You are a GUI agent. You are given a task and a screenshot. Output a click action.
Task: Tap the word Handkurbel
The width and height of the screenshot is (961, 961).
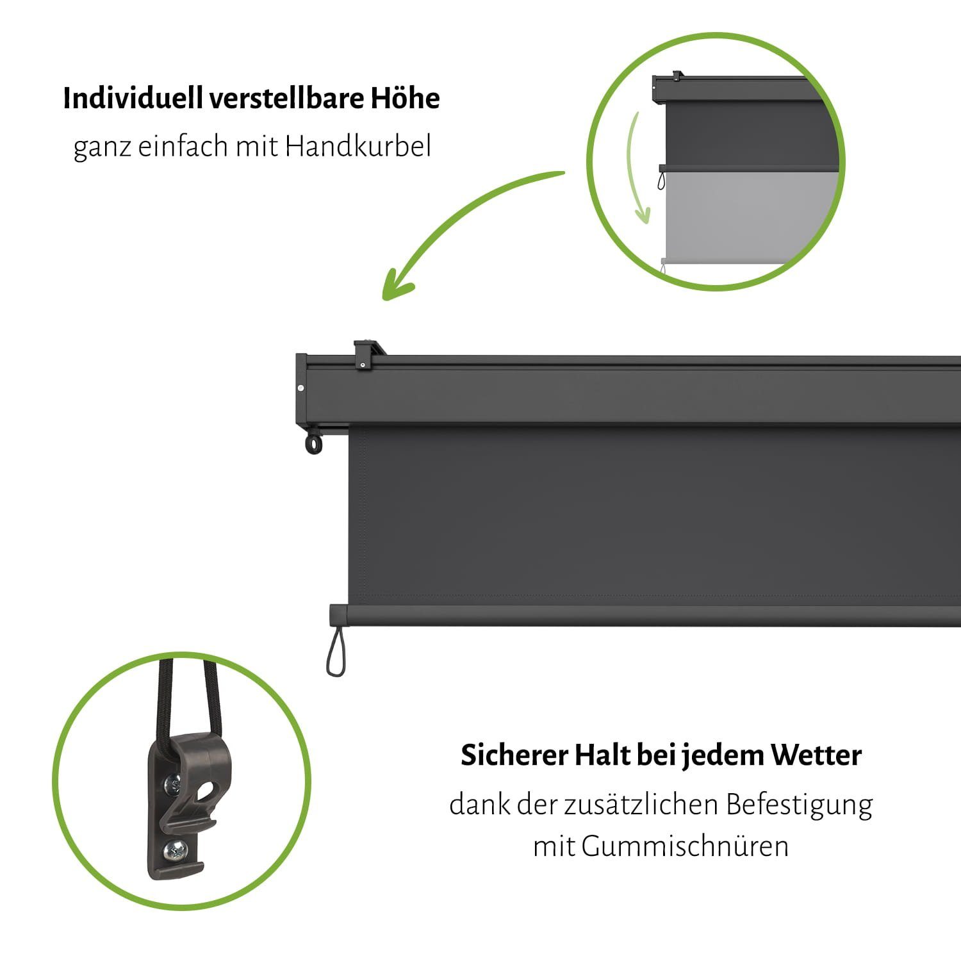coord(358,146)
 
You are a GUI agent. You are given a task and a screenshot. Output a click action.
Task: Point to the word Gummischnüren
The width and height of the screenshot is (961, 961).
coord(685,846)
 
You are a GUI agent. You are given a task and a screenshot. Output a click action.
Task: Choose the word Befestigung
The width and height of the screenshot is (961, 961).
coord(799,805)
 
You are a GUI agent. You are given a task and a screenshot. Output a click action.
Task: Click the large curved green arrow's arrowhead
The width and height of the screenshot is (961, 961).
coord(396,286)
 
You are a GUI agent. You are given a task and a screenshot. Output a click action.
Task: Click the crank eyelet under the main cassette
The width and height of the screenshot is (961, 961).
coord(314,443)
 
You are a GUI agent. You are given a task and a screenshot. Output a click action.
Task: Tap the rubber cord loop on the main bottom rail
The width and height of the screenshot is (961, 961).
coord(337,652)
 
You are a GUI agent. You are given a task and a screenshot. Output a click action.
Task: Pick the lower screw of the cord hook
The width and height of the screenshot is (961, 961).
coord(174,851)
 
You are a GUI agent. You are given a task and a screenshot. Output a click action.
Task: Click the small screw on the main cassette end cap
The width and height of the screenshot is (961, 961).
coord(301,388)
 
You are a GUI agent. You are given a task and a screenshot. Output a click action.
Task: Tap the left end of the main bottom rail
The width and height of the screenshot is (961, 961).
coord(332,615)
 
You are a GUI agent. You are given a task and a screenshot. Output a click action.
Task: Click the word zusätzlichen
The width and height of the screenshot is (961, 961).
coord(641,804)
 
